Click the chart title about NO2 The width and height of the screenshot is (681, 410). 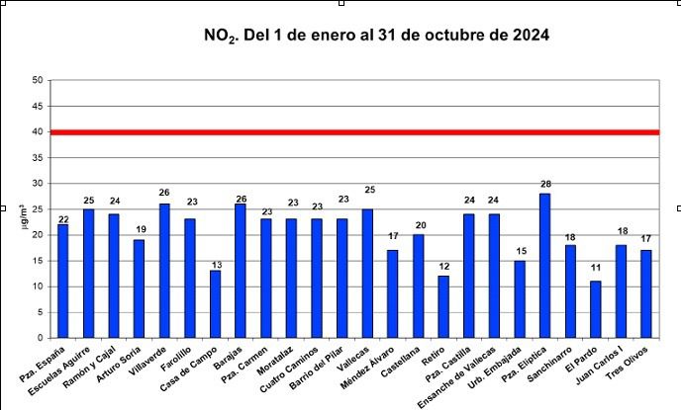(x=376, y=36)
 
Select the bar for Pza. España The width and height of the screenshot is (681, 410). (x=63, y=281)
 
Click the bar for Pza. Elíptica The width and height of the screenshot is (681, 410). (x=544, y=266)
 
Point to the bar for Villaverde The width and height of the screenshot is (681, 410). (x=164, y=271)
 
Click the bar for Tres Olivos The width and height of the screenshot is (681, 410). (x=646, y=293)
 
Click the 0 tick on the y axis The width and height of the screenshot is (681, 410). (x=40, y=338)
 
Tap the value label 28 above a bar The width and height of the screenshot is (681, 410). (x=544, y=185)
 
